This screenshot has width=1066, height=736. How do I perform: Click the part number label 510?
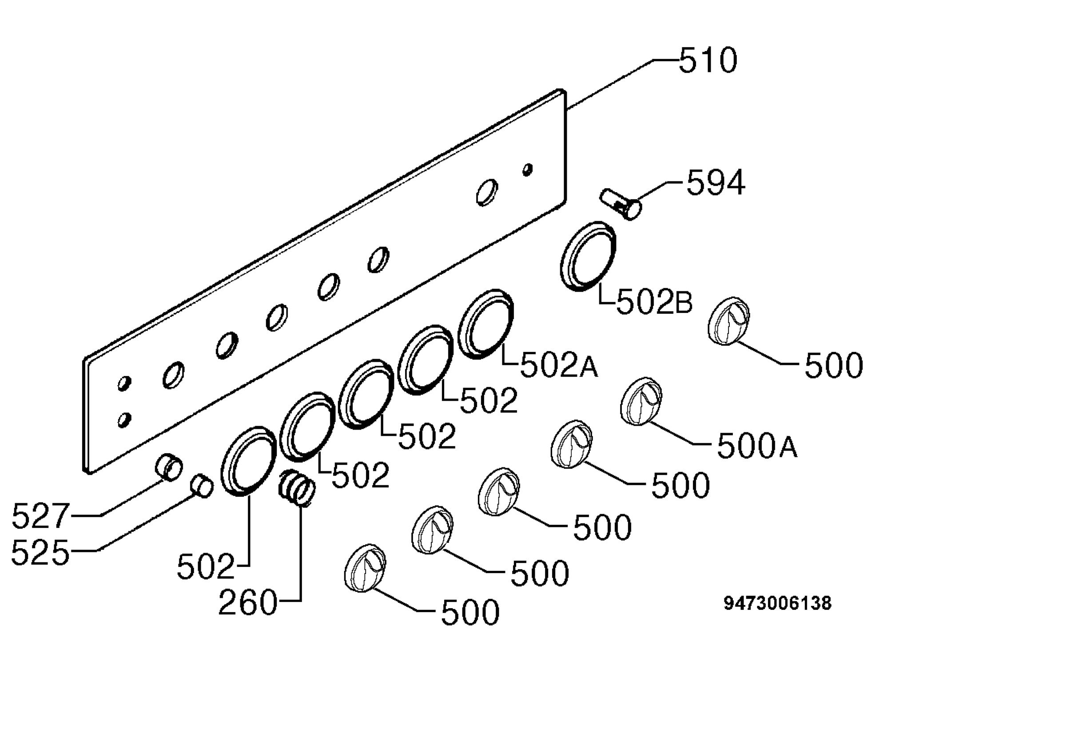[x=708, y=61]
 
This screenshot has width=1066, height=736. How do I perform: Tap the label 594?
[x=716, y=183]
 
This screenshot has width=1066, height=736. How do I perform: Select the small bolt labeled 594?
[x=621, y=204]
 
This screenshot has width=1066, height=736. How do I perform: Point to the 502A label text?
[x=559, y=366]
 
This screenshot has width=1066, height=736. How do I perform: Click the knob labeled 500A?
[x=641, y=401]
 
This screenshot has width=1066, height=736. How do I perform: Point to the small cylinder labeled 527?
[x=168, y=467]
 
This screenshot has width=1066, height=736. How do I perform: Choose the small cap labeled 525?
[x=202, y=486]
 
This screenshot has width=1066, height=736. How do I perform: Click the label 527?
[x=40, y=516]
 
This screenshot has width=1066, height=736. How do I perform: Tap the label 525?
[x=40, y=553]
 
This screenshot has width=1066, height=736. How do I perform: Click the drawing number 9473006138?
[x=778, y=603]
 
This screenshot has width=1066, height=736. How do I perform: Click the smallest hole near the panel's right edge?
[x=528, y=170]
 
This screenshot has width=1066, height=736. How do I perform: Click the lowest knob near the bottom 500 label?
[x=365, y=568]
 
